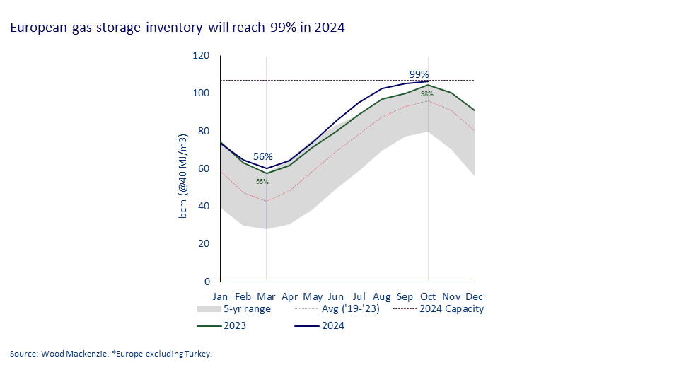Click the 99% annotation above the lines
coord(419,74)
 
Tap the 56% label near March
coord(263,156)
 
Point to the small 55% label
coord(262,182)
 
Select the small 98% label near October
coord(427,94)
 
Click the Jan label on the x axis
coord(221,296)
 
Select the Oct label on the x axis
coord(428,296)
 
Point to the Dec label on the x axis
coord(475,296)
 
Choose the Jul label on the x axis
coord(359,296)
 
